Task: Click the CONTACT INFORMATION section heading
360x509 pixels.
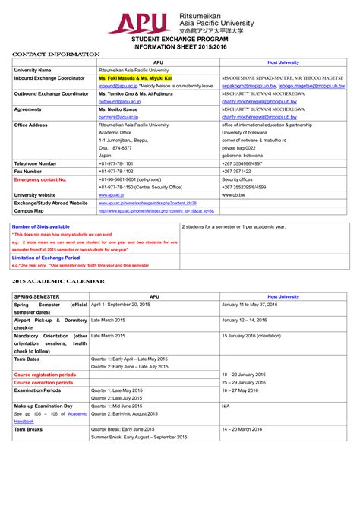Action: (x=55, y=55)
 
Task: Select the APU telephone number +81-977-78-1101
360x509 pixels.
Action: (x=115, y=163)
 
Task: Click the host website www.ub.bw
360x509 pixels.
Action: (x=232, y=195)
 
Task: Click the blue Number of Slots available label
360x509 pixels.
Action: (x=40, y=226)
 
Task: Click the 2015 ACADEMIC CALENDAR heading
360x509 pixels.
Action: (x=58, y=281)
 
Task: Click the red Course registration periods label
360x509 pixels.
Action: (x=45, y=375)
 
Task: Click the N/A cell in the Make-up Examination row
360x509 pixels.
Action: (x=226, y=406)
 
